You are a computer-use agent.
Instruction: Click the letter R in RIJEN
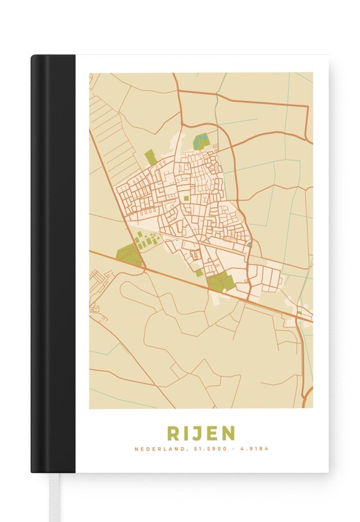[x=173, y=433]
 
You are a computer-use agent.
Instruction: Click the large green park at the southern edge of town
[x=220, y=282]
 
